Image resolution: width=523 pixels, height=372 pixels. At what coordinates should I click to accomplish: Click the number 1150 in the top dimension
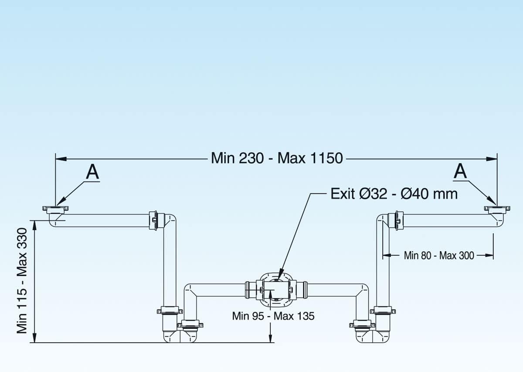[326, 158]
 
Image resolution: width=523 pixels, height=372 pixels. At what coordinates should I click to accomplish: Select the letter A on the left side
[92, 172]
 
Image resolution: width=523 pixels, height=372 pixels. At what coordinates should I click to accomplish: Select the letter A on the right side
[460, 171]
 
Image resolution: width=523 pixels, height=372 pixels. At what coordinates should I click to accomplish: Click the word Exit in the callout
[343, 194]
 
